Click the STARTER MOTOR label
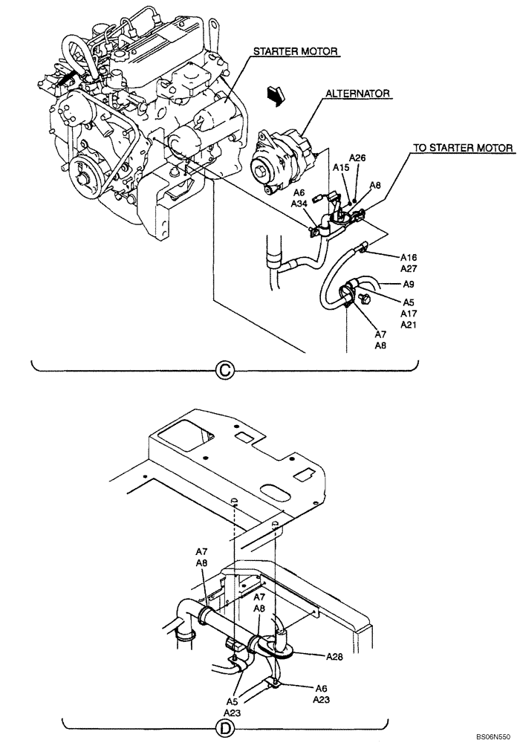[296, 51]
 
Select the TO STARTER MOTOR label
[463, 148]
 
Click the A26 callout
[358, 158]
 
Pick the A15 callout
[340, 169]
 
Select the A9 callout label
[409, 284]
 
